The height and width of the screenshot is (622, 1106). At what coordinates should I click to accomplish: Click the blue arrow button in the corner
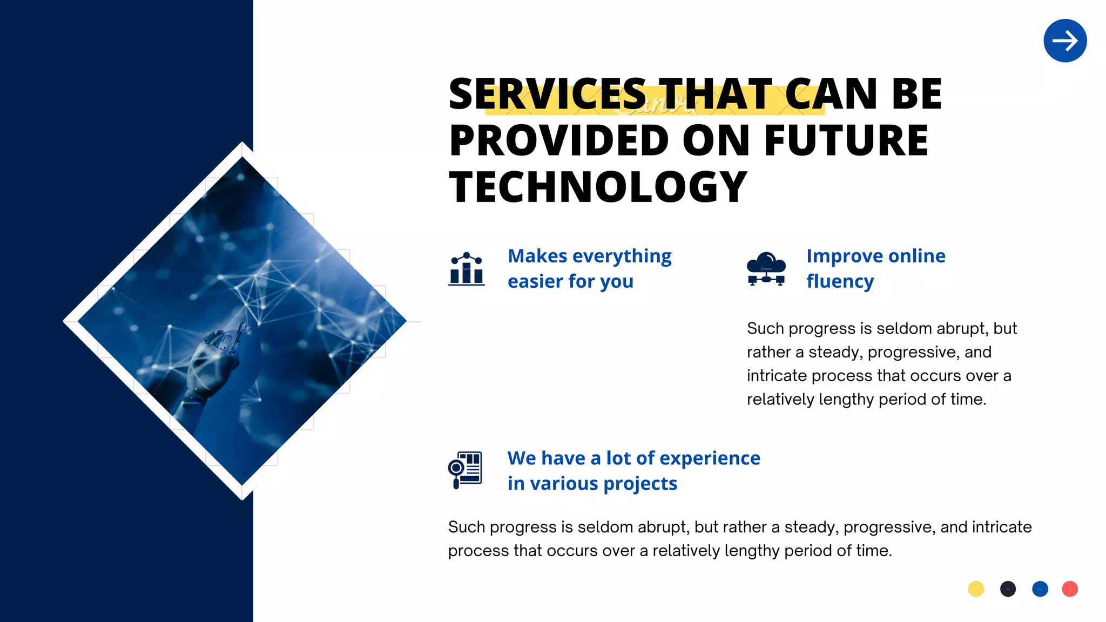(1065, 40)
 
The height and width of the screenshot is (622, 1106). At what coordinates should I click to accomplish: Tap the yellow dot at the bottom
(976, 589)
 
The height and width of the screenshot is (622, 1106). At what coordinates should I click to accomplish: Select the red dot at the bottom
(1069, 589)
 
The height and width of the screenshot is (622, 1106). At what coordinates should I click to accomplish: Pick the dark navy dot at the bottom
(1008, 589)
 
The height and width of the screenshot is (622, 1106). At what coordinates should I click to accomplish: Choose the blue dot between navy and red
(1040, 589)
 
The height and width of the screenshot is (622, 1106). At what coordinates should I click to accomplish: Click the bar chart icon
(466, 268)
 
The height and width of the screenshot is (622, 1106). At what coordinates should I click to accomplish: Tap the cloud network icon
(766, 268)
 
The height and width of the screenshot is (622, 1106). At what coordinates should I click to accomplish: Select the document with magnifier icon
(465, 470)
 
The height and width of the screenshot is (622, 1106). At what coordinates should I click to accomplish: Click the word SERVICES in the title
(547, 94)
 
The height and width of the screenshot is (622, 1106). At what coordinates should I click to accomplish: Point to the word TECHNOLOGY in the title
(598, 187)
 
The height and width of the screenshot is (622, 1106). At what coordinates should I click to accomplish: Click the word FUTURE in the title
(846, 140)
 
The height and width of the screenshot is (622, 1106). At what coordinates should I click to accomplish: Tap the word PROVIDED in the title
(559, 140)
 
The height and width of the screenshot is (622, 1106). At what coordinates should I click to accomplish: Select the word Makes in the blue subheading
(537, 256)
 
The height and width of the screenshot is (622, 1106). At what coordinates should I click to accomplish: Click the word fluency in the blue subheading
(840, 281)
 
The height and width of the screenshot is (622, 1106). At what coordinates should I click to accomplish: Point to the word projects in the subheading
(640, 484)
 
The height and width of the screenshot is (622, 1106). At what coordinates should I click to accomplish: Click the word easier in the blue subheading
(535, 281)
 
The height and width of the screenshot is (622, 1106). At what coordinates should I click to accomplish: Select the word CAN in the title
(831, 94)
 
